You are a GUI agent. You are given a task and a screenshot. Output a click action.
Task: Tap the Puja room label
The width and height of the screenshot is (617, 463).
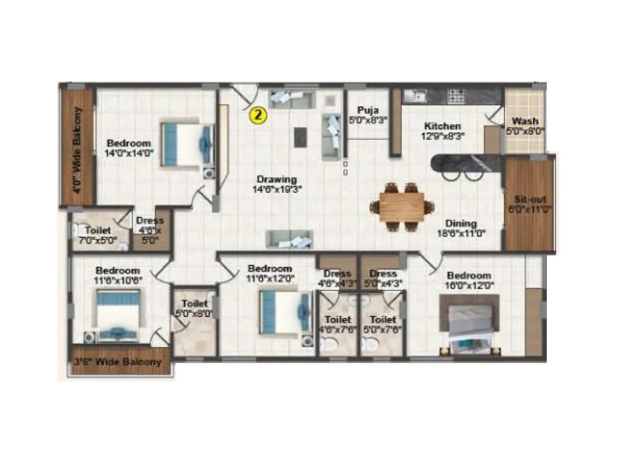pyautogui.click(x=368, y=110)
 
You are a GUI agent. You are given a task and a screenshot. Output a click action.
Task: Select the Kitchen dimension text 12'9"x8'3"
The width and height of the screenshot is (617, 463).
pyautogui.click(x=442, y=136)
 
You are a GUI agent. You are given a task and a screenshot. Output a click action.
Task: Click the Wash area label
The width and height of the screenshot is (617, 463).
pyautogui.click(x=525, y=121)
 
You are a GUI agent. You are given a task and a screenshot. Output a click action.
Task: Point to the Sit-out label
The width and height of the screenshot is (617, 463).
pyautogui.click(x=530, y=200)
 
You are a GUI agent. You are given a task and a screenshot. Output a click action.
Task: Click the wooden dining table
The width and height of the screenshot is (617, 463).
pyautogui.click(x=402, y=207)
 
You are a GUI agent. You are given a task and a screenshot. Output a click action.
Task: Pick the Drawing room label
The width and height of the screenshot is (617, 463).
pyautogui.click(x=277, y=179)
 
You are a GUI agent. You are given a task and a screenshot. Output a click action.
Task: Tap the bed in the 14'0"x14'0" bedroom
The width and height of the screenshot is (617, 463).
pyautogui.click(x=187, y=145)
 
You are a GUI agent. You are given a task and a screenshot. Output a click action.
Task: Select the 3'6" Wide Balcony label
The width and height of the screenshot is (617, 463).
pyautogui.click(x=117, y=362)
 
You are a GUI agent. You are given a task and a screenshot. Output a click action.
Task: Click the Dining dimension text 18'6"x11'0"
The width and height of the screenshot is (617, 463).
pyautogui.click(x=461, y=233)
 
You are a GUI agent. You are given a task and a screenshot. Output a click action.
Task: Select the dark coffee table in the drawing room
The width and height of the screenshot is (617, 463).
pyautogui.click(x=301, y=137)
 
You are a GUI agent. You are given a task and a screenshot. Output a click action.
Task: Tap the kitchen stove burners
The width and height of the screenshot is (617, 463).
pyautogui.click(x=456, y=96)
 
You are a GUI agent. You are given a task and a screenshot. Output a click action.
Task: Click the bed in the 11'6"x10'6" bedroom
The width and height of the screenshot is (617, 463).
pyautogui.click(x=117, y=314)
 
